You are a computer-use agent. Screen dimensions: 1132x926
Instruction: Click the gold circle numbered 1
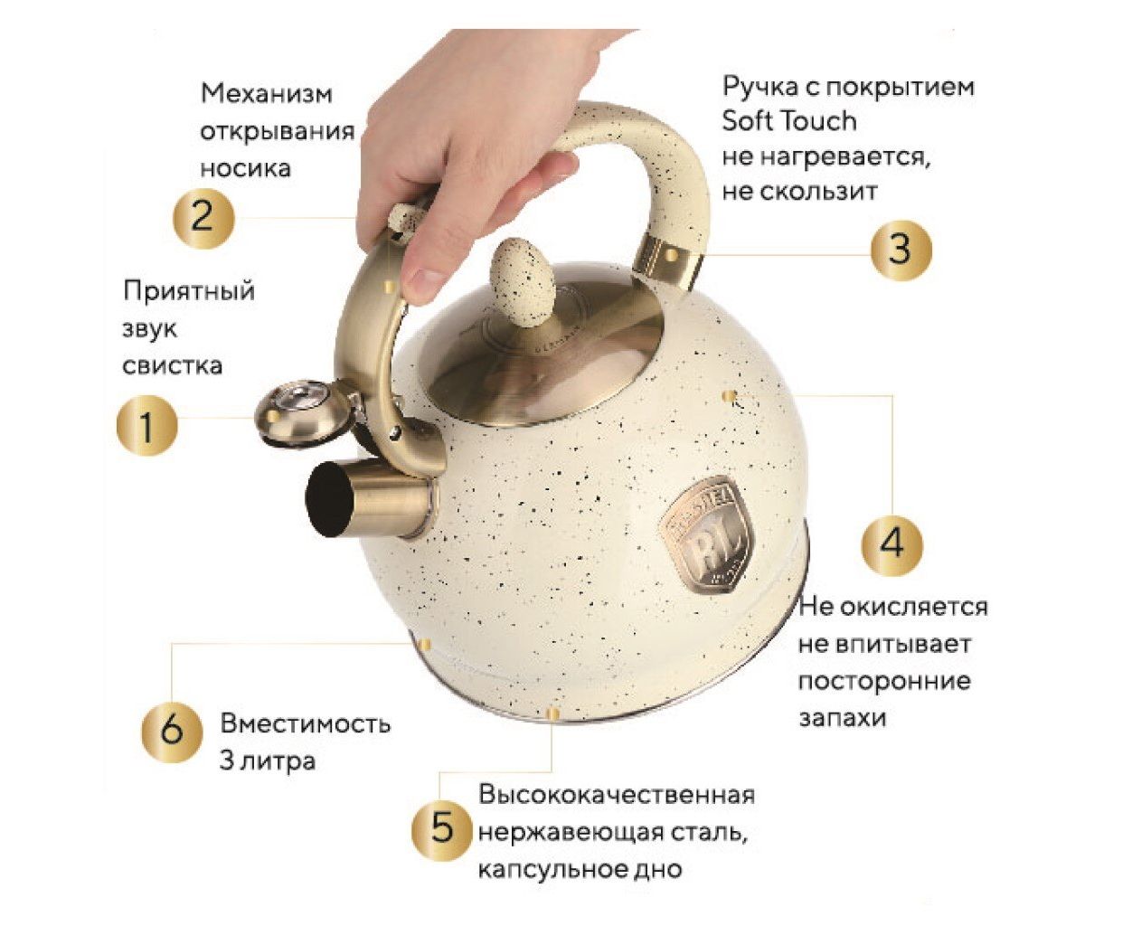pos(147,425)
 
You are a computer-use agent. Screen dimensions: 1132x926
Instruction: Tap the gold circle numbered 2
pos(203,217)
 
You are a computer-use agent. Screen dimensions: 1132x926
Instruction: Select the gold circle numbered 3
pos(901,250)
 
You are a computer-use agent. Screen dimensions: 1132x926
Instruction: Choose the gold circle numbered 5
pos(443,828)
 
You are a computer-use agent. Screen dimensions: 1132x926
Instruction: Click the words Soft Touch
pos(788,121)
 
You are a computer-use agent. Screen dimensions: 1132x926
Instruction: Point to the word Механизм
pos(267,93)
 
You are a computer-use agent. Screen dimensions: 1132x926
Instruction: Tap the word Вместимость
pos(306,724)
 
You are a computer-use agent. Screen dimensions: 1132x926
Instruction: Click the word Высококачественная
pos(617,795)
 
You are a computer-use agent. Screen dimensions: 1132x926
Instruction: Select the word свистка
pos(173,365)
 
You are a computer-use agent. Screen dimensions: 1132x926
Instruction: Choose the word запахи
pos(842,719)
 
